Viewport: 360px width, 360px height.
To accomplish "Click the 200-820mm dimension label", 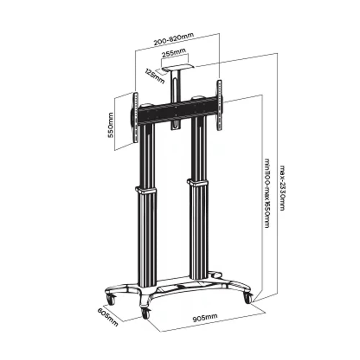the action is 174,39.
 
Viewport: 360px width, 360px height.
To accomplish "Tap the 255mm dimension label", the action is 174,53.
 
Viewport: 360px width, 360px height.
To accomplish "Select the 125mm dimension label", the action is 155,76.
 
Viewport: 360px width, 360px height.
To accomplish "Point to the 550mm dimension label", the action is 111,125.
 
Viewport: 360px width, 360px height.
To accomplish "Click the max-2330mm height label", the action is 282,188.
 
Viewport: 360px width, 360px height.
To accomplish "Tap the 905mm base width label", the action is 205,318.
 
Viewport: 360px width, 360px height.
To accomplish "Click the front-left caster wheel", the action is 111,300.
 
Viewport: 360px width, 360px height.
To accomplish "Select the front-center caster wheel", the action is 145,313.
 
